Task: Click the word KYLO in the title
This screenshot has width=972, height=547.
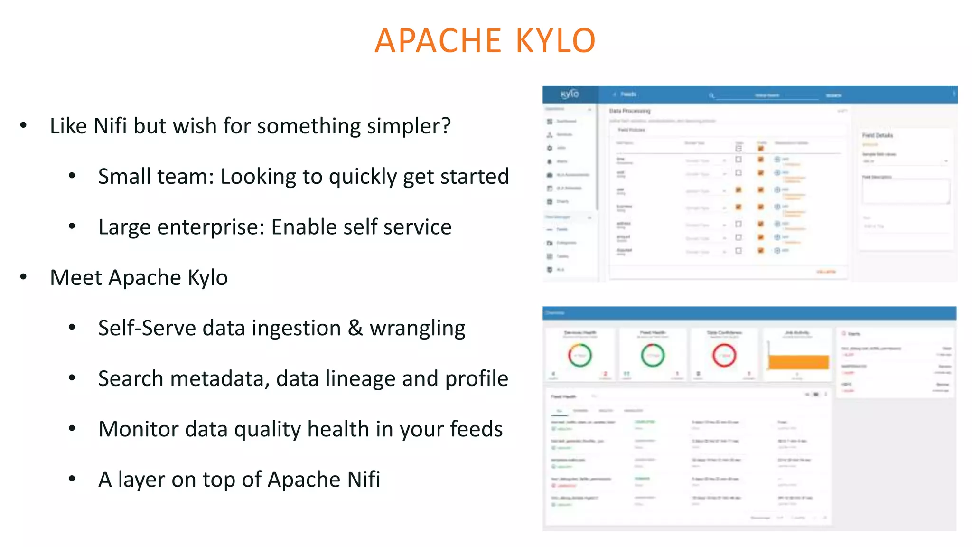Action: pyautogui.click(x=555, y=41)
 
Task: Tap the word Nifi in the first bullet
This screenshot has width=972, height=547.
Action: pyautogui.click(x=110, y=126)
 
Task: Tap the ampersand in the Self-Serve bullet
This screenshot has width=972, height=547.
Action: pyautogui.click(x=355, y=329)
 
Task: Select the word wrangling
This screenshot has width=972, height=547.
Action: pyautogui.click(x=417, y=329)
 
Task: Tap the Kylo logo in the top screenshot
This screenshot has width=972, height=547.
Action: pyautogui.click(x=570, y=94)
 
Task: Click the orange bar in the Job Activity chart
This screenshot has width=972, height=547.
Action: pyautogui.click(x=798, y=362)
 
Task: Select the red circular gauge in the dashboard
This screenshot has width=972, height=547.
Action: pyautogui.click(x=724, y=355)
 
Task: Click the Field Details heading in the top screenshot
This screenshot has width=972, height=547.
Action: pyautogui.click(x=877, y=135)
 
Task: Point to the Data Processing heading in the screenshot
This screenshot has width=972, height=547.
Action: pyautogui.click(x=630, y=111)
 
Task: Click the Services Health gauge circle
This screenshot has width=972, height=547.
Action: pyautogui.click(x=579, y=355)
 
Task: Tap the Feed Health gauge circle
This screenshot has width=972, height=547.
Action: pyautogui.click(x=653, y=355)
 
